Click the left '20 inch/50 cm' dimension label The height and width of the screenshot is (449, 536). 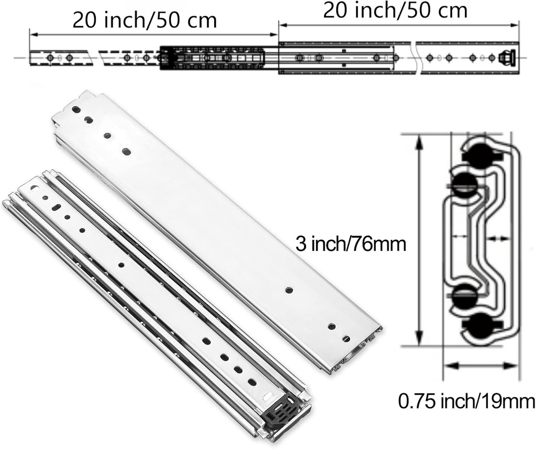[144, 20]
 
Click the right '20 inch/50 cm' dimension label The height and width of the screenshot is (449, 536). [395, 10]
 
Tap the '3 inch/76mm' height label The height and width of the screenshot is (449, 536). [350, 244]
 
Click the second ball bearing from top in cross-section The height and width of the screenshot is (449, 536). [463, 185]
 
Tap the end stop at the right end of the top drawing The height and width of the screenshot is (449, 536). [507, 57]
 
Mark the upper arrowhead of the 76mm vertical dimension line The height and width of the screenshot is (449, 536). [419, 139]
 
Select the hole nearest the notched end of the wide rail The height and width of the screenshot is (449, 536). [76, 110]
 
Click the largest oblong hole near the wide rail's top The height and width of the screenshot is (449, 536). [126, 152]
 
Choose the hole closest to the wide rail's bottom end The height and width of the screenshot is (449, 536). [346, 339]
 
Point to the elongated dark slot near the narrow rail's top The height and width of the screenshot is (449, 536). [56, 208]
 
